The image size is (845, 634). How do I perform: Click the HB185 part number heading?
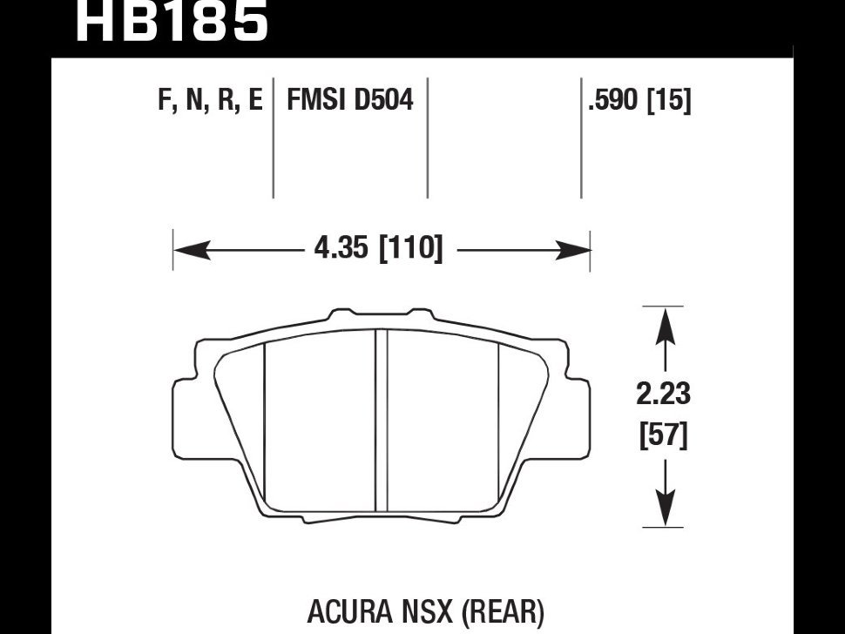click(172, 21)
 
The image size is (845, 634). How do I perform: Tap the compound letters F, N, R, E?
click(210, 100)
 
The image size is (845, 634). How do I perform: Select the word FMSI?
click(316, 99)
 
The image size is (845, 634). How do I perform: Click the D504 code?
click(383, 99)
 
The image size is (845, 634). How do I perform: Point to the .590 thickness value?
click(612, 100)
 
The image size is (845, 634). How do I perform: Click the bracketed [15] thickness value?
click(668, 100)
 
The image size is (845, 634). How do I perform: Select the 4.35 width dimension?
click(341, 248)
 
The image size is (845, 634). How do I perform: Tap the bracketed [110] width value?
click(410, 248)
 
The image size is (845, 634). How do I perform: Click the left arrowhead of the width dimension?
click(192, 251)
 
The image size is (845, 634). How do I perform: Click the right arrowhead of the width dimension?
click(572, 251)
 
